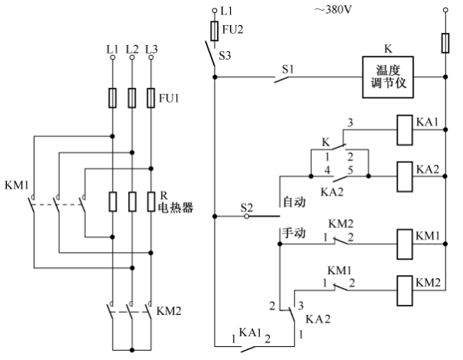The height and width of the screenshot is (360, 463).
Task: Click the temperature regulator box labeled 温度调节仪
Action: click(388, 77)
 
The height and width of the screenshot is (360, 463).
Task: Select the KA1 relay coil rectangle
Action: click(404, 130)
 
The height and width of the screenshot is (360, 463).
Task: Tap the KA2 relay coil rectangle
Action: click(405, 177)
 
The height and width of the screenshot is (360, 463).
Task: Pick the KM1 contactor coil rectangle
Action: click(405, 244)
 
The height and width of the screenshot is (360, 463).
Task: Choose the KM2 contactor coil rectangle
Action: click(405, 290)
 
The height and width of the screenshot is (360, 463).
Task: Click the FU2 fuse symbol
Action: click(215, 31)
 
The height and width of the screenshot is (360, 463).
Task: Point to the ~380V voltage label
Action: click(333, 10)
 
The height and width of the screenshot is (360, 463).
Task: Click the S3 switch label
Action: click(225, 55)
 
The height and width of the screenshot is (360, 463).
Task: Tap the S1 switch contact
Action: click(281, 79)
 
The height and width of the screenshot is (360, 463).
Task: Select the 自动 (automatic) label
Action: click(294, 202)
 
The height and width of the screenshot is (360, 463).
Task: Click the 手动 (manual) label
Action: click(294, 233)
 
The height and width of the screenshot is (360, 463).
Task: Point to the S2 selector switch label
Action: click(247, 208)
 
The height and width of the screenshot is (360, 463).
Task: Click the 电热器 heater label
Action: click(176, 208)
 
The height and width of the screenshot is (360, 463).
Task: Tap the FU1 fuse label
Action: click(169, 98)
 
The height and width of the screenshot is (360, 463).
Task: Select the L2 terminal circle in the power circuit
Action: click(132, 57)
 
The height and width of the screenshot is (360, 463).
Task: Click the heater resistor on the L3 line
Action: click(151, 201)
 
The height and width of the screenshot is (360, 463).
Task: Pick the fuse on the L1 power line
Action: click(113, 98)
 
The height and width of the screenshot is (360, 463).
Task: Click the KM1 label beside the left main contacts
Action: click(17, 185)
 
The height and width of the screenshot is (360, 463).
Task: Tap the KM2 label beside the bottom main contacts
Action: click(169, 311)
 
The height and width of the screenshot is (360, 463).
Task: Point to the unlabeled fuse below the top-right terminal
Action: click(445, 43)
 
